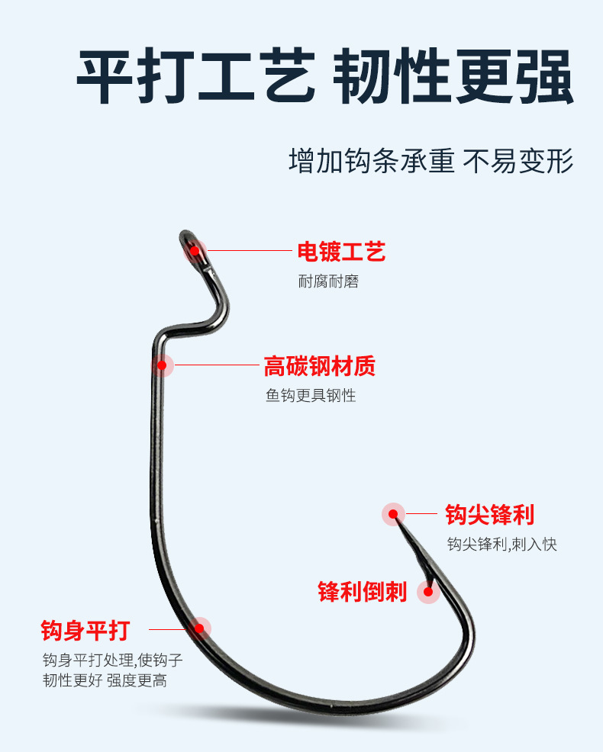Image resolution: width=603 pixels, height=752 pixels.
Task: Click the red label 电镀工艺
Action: [x=341, y=251]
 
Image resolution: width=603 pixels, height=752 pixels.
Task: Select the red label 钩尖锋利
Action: [x=489, y=515]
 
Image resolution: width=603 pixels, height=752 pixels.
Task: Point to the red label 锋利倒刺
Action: [x=363, y=591]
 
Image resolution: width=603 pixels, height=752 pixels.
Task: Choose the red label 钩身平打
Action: [x=85, y=631]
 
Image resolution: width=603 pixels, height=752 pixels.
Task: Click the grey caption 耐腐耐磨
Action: [x=328, y=281]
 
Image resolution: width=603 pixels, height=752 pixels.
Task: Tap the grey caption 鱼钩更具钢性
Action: [x=311, y=396]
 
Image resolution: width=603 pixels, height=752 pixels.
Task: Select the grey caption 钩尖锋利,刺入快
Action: [x=501, y=545]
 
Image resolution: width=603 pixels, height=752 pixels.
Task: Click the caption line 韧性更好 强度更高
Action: [x=105, y=680]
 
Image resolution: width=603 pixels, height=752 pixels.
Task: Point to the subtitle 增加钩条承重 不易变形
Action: [x=430, y=162]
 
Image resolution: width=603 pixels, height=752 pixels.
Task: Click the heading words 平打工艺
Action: [x=195, y=78]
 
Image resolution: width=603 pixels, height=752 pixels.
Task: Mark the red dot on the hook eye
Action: [x=195, y=250]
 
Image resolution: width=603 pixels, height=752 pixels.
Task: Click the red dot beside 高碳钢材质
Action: [x=162, y=366]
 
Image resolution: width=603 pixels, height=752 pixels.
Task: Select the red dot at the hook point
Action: [x=393, y=514]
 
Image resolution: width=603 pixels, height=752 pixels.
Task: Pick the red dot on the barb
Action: [x=428, y=591]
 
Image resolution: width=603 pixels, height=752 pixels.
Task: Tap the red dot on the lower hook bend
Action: [x=199, y=628]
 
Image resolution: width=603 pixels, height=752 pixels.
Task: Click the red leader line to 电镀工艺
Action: [x=248, y=250]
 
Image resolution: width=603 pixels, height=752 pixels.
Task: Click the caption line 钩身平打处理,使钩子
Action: [x=112, y=659]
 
